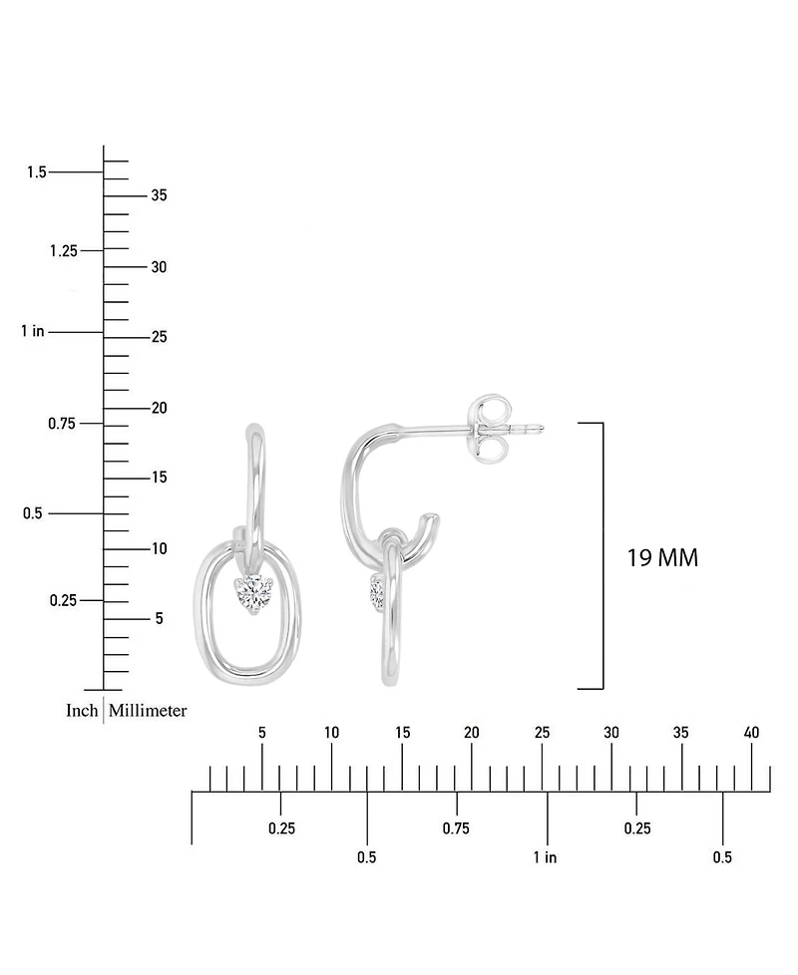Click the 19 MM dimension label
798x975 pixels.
662,557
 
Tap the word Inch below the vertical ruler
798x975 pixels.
82,710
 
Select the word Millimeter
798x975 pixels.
148,710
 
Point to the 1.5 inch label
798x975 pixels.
37,171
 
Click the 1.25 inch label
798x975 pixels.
64,250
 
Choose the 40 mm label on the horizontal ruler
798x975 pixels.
751,733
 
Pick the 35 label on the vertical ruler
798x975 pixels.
160,195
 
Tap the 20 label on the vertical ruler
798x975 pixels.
160,408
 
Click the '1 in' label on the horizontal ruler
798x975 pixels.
545,857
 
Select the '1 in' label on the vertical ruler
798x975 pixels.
33,331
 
